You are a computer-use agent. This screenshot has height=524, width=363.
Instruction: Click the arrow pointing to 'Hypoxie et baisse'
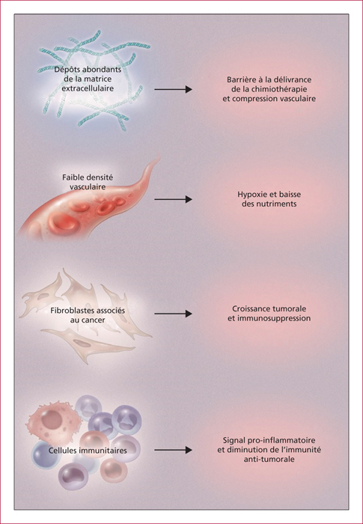(x=173, y=199)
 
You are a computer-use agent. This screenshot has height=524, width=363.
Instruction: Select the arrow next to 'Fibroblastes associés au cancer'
(x=173, y=314)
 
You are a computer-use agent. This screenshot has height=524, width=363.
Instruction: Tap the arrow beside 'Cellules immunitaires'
(x=173, y=450)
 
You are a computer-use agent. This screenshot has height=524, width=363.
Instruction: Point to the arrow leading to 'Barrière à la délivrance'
(x=173, y=89)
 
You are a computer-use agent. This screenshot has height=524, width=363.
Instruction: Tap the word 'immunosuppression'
(x=274, y=318)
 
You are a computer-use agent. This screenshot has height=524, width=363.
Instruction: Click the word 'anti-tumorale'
(x=269, y=459)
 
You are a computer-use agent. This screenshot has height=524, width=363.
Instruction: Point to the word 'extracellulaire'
(x=88, y=88)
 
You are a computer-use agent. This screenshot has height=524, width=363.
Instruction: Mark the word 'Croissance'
(x=249, y=308)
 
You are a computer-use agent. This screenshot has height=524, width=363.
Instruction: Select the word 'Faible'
(x=72, y=177)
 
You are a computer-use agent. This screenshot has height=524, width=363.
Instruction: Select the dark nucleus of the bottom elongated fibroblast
(x=80, y=343)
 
